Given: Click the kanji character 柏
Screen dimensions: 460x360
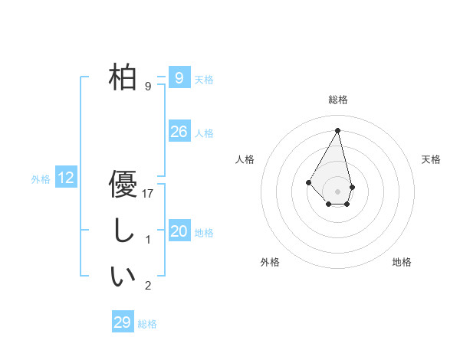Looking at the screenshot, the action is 123,77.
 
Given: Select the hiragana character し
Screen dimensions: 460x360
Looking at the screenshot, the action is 123,231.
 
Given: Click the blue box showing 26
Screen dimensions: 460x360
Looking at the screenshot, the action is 179,132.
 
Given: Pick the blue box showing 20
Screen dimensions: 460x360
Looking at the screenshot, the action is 179,231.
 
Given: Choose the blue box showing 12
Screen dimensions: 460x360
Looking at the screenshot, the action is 66,178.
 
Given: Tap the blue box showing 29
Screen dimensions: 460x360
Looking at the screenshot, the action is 123,322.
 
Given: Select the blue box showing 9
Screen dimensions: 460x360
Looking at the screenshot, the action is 179,78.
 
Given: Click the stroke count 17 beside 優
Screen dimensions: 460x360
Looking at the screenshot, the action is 149,194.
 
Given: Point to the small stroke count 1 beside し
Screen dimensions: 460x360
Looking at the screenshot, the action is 149,240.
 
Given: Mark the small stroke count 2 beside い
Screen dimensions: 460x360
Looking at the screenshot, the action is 149,286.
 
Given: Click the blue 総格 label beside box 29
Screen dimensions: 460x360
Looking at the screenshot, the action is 147,324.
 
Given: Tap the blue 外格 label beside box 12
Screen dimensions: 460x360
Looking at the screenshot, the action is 41,179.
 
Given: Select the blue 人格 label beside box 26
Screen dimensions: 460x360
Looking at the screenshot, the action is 204,133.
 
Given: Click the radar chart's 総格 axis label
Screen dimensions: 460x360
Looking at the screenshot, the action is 337,100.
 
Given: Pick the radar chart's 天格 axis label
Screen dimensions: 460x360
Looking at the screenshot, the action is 431,159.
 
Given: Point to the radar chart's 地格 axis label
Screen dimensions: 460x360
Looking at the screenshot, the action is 402,262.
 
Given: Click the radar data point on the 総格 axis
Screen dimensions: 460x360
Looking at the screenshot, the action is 337,129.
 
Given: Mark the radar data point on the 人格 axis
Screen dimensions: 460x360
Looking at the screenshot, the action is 308,182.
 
